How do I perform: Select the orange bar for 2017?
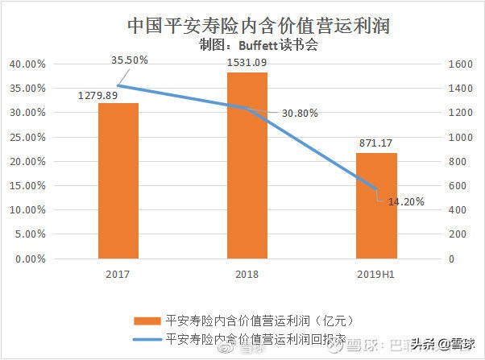(x=119, y=181)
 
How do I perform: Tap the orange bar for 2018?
(x=247, y=166)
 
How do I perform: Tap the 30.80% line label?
(x=300, y=113)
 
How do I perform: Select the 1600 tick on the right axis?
(x=461, y=64)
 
